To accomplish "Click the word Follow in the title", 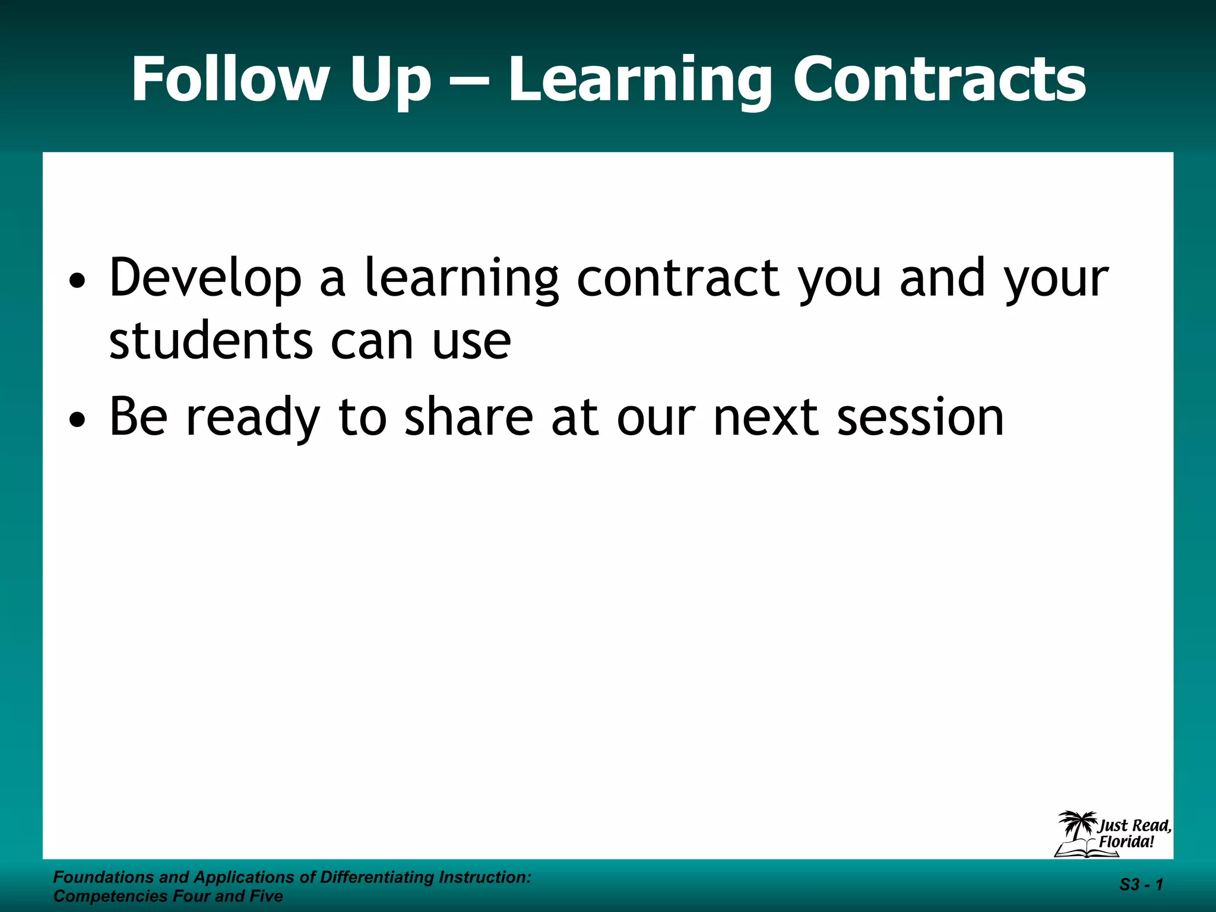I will (229, 80).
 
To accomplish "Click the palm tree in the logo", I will (1076, 825).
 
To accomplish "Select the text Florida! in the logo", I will (1126, 842).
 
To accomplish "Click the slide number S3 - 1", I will (1141, 885).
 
